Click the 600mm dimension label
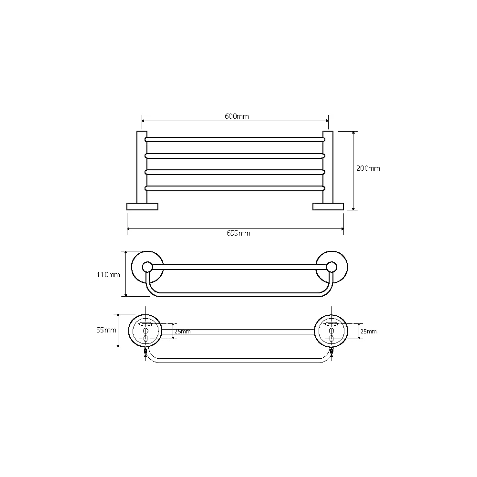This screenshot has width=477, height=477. (237, 116)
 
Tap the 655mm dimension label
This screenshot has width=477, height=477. (238, 233)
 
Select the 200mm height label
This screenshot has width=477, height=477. (368, 168)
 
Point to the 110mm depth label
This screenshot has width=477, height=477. (108, 275)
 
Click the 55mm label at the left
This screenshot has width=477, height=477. (107, 330)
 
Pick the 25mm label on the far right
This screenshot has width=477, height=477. (368, 332)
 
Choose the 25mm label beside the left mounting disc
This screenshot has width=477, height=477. (183, 332)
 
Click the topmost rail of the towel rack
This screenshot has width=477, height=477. (235, 140)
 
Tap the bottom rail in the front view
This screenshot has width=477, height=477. (235, 188)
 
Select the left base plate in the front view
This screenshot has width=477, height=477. (142, 207)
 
